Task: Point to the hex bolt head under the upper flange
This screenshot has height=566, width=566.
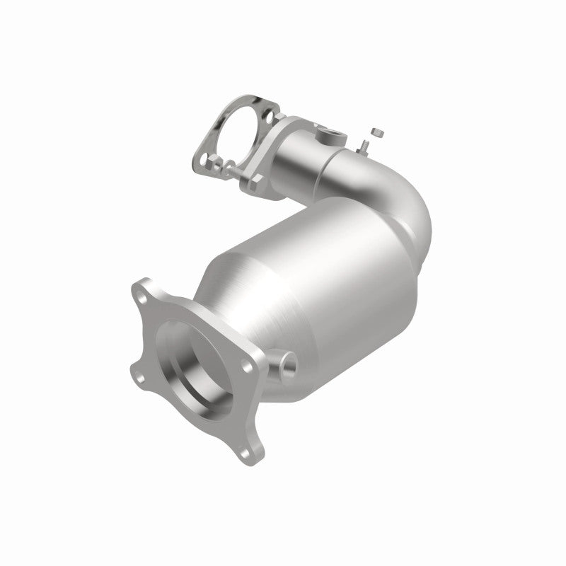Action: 250,182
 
